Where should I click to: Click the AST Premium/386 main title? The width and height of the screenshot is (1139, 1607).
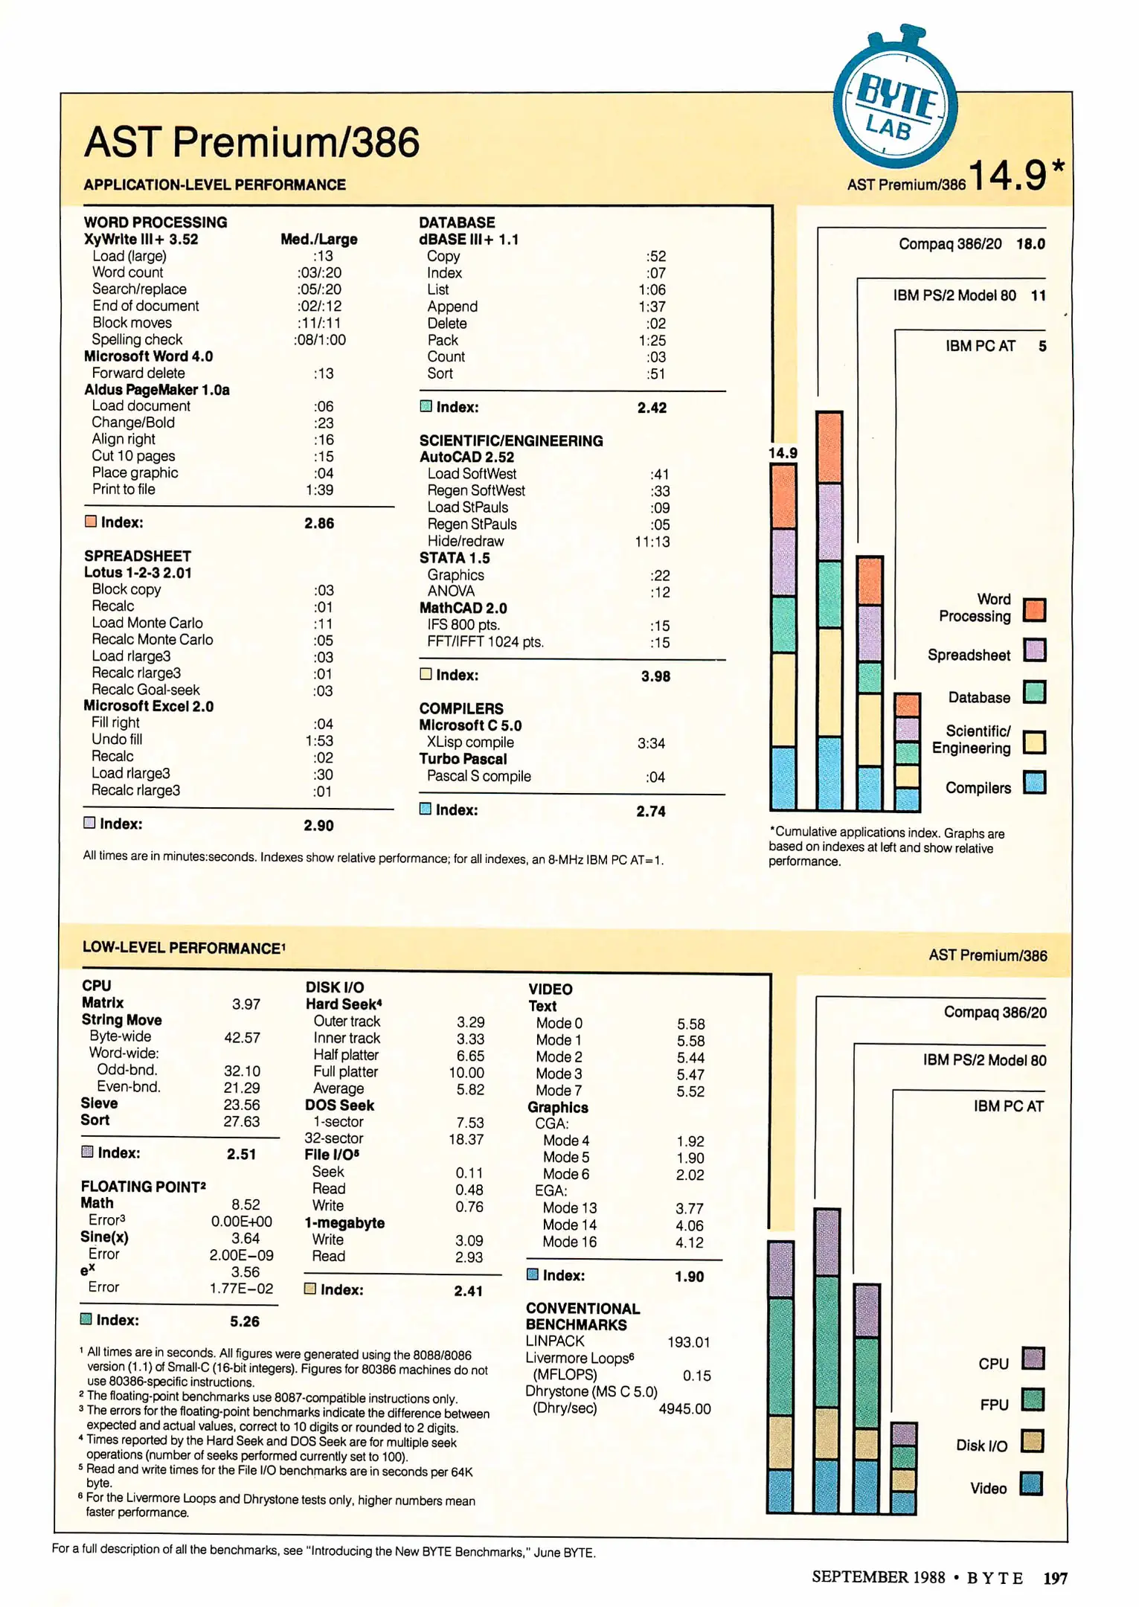click(x=251, y=142)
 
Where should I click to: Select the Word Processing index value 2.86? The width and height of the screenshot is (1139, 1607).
click(x=319, y=523)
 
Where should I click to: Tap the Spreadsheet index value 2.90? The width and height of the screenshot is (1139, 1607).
click(x=318, y=825)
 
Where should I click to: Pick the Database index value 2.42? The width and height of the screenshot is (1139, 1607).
click(x=652, y=408)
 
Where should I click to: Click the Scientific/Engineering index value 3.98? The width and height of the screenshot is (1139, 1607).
click(x=655, y=676)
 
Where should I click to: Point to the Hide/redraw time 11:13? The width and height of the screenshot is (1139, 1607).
click(x=652, y=542)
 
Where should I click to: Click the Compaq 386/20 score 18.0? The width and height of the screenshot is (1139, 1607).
click(x=1030, y=244)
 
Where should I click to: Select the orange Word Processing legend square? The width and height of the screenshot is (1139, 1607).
click(x=1034, y=609)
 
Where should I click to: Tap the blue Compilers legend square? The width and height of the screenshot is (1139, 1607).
click(x=1034, y=783)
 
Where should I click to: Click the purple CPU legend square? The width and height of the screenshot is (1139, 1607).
click(x=1033, y=1359)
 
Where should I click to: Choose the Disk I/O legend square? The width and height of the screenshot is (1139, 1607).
click(x=1032, y=1441)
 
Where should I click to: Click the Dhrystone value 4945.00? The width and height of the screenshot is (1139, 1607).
click(x=684, y=1409)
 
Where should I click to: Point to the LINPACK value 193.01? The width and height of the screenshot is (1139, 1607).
click(x=688, y=1342)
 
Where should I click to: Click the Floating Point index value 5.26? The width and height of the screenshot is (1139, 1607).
click(x=244, y=1321)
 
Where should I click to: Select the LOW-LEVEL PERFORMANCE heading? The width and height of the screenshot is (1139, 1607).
click(x=182, y=948)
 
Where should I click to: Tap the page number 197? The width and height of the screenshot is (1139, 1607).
click(x=1055, y=1577)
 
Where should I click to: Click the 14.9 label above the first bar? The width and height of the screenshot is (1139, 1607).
click(x=783, y=453)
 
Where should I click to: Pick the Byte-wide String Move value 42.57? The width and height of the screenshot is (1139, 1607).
click(x=242, y=1037)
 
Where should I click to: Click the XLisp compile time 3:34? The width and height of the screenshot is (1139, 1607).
click(x=651, y=743)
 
